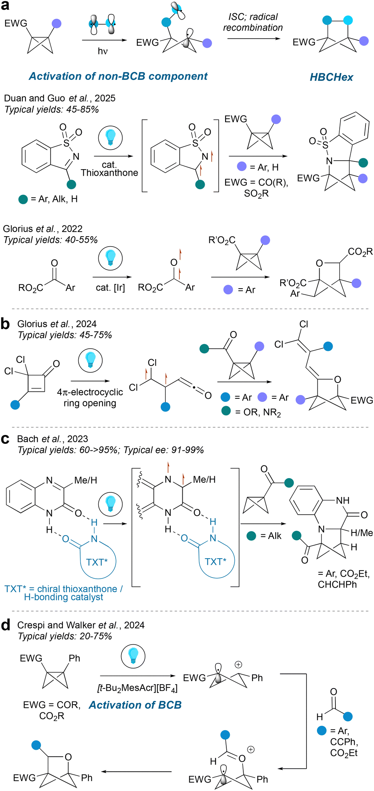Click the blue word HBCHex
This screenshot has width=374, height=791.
click(x=331, y=77)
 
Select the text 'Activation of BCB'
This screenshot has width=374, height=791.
click(x=135, y=705)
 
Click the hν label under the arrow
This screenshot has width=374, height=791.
click(x=103, y=51)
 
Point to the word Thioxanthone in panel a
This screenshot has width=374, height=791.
click(x=110, y=173)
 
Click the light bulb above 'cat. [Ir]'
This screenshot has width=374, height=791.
click(x=110, y=258)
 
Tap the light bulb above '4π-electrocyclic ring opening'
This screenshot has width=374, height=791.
click(x=90, y=360)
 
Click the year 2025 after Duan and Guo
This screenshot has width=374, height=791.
click(x=105, y=98)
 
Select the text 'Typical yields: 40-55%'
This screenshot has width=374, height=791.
click(x=51, y=240)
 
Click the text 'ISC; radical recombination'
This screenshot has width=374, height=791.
click(x=253, y=22)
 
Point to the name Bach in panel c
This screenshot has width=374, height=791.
click(x=28, y=439)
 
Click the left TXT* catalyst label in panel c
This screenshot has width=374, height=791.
click(x=97, y=562)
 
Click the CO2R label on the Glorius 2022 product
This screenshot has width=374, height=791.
click(x=360, y=252)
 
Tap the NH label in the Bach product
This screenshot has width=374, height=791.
click(x=342, y=500)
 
